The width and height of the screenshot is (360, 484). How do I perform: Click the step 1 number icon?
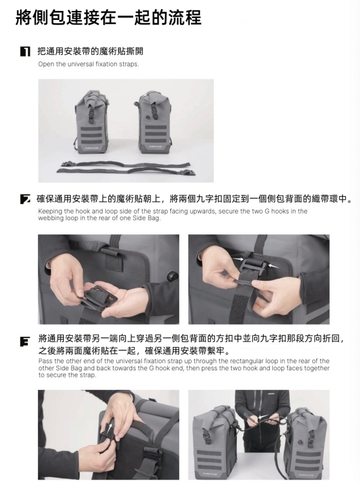(25, 51)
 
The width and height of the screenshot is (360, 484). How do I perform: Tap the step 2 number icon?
(25, 199)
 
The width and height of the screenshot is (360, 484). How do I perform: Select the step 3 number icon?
(25, 341)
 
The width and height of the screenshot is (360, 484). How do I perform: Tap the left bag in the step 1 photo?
(92, 122)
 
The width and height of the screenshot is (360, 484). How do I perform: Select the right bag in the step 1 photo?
(153, 122)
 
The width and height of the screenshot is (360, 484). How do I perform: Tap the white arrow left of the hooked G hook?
(237, 259)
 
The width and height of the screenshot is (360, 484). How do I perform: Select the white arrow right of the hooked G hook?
(273, 265)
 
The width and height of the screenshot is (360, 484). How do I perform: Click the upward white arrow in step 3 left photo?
(109, 429)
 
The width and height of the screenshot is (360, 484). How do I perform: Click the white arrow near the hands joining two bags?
(263, 417)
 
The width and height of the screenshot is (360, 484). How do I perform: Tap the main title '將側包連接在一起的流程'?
(108, 17)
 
